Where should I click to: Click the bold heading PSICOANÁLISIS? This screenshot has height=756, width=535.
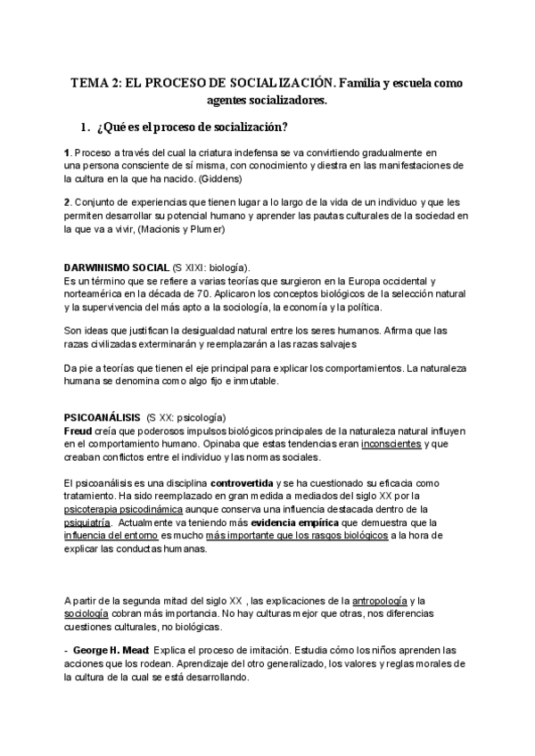click(x=101, y=417)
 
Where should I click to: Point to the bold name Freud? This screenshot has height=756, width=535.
click(x=78, y=430)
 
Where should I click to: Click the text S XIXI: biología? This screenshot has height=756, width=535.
click(x=210, y=267)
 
